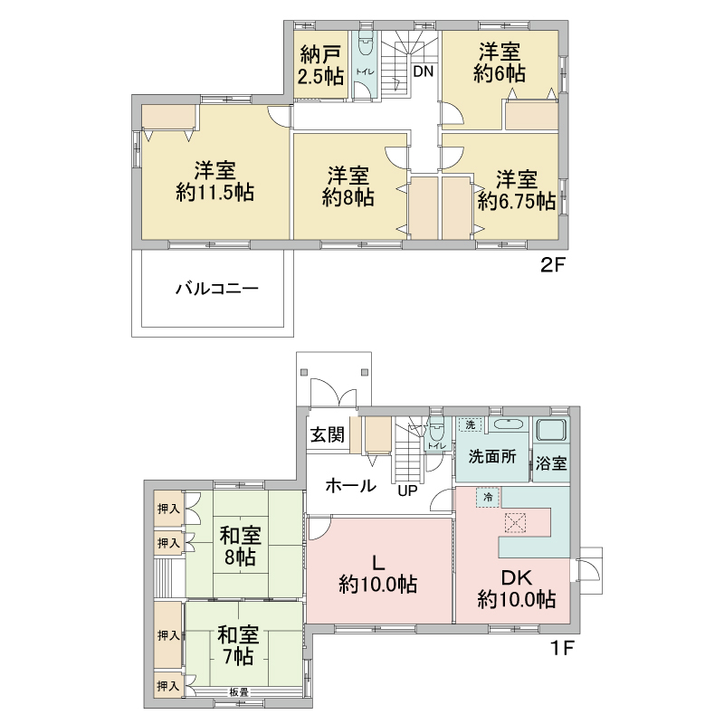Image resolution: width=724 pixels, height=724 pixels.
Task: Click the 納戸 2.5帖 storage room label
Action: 321,66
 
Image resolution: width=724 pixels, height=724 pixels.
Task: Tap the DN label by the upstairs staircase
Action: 424,71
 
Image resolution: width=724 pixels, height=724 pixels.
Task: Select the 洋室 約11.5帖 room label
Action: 215,182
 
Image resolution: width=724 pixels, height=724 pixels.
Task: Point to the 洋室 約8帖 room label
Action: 348,186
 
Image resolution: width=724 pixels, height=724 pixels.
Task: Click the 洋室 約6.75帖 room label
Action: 517,190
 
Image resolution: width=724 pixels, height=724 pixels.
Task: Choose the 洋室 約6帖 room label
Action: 500,62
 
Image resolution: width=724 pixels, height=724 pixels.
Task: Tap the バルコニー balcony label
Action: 217,290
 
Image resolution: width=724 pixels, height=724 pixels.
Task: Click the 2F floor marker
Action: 553,265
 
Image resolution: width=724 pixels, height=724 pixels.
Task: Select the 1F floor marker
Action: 562,648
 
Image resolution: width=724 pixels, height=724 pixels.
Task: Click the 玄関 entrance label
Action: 328,434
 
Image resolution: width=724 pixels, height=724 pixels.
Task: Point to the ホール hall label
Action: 351,486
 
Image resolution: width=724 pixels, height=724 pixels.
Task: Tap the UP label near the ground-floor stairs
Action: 408,491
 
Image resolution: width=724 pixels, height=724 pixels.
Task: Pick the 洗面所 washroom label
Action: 492,457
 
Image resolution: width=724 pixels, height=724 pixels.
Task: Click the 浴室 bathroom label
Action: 551,463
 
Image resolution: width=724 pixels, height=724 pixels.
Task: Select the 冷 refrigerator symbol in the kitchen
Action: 488,497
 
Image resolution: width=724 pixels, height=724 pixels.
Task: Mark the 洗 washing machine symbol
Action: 471,424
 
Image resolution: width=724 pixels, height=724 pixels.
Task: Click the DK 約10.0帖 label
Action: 517,589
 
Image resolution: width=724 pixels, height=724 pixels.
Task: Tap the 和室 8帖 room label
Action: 240,547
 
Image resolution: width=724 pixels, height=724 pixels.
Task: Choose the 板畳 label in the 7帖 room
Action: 239,692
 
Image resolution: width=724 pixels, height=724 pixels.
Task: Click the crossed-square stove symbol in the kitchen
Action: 516,523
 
